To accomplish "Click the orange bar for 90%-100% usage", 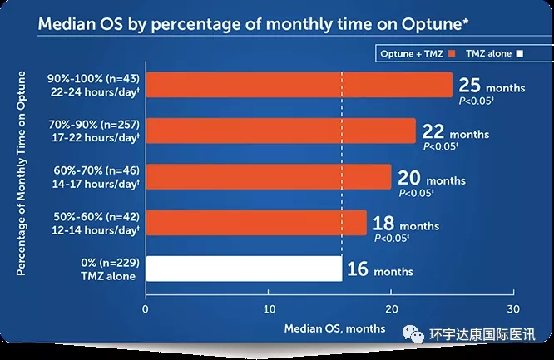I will pos(299,86).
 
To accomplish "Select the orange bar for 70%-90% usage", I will pos(280,131).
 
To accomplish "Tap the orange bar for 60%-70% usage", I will pos(268,177).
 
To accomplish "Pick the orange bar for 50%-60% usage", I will pos(255,223).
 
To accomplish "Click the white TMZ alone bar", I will pos(243,269).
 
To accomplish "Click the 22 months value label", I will pos(455,131).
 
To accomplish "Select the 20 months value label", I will pos(431,178).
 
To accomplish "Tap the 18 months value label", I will pos(407,224).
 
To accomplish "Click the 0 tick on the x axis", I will pos(146,309).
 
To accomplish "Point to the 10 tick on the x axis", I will pos(268,309).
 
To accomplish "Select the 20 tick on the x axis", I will pos(390,309).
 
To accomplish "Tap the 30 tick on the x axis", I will pos(512,309).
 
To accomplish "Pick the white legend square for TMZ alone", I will pos(518,53).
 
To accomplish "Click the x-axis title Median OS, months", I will pos(334,328).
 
